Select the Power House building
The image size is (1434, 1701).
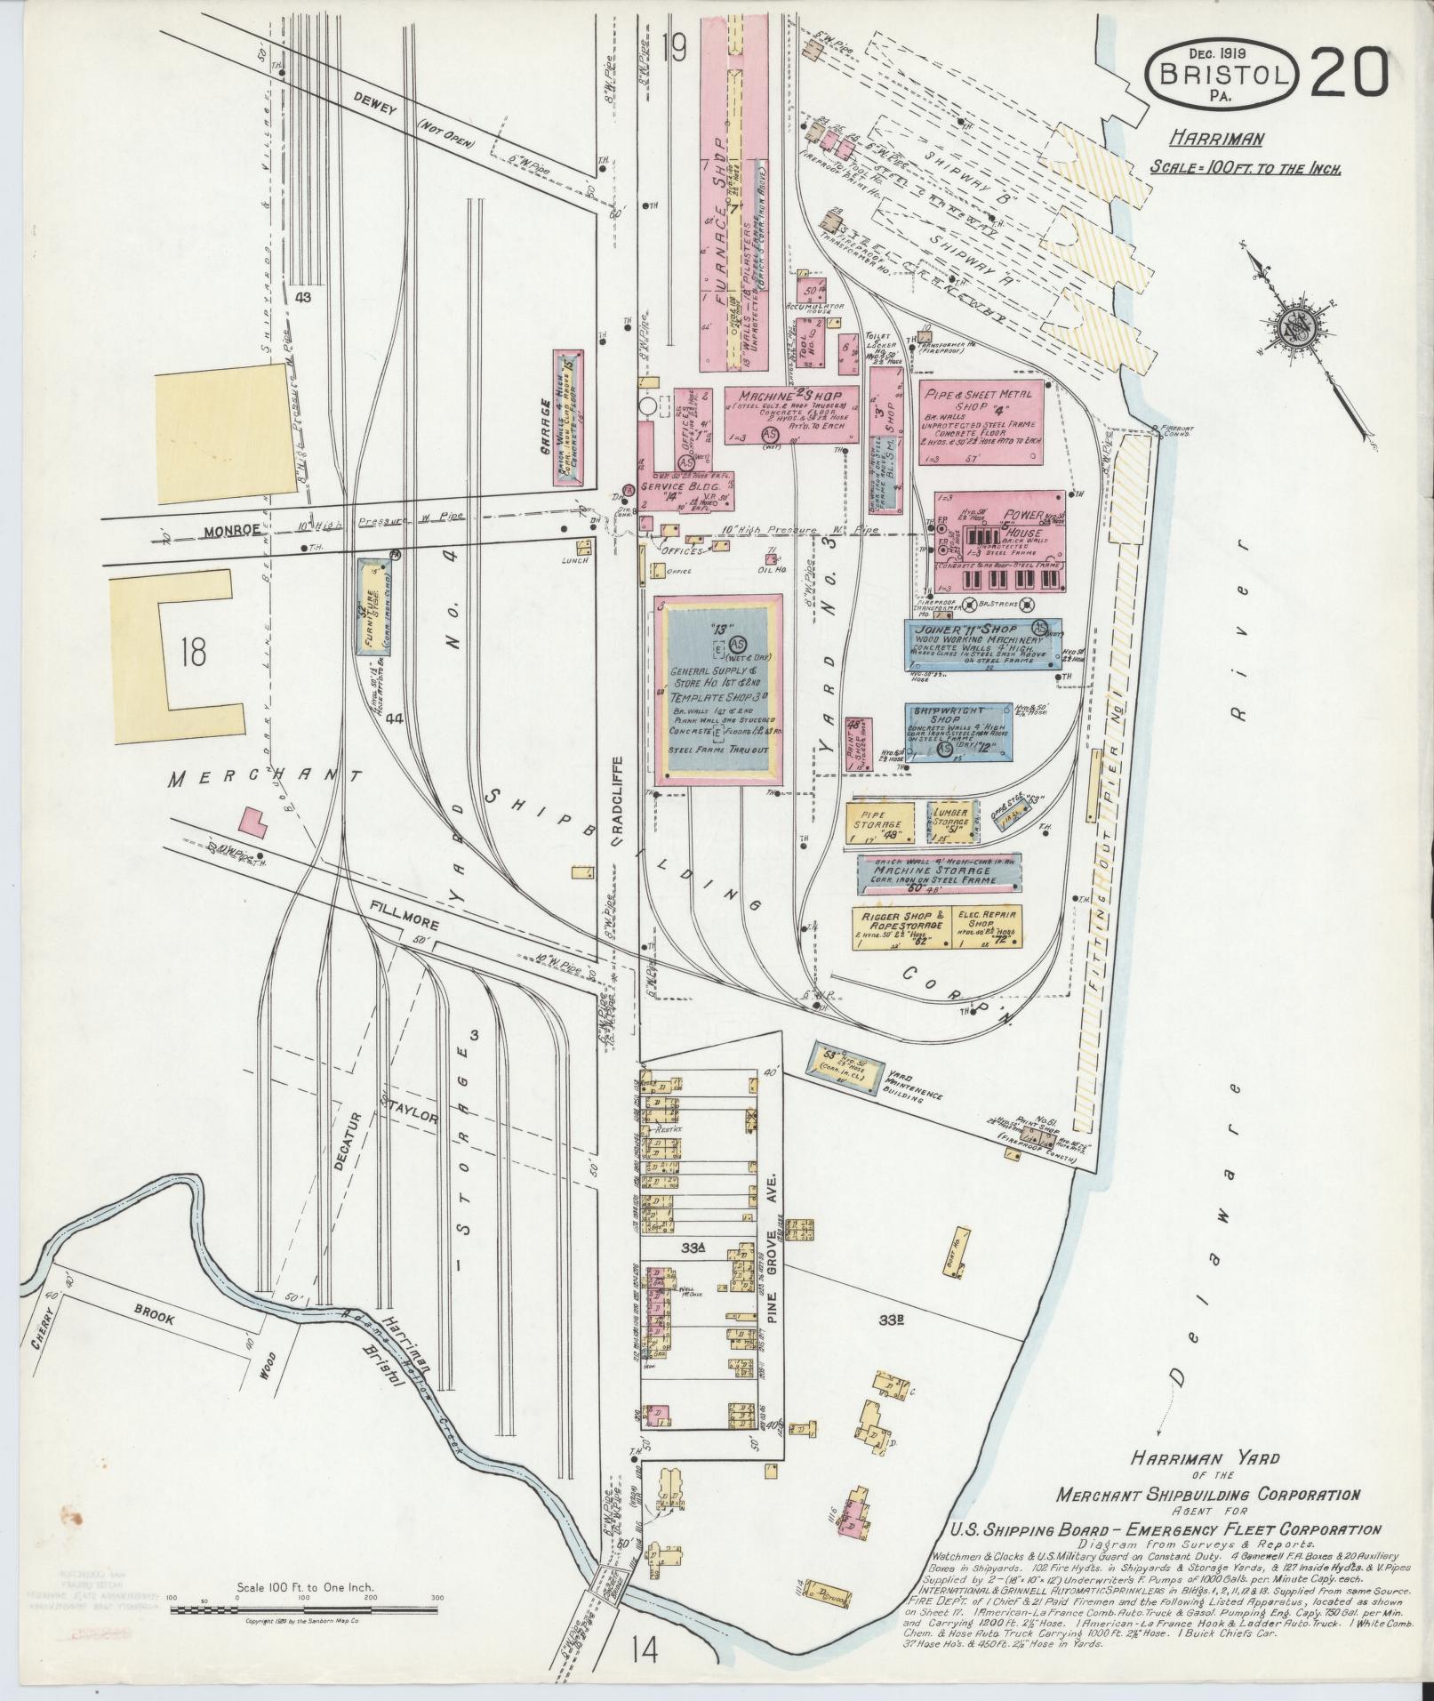click(999, 542)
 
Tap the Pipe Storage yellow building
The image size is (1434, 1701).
click(880, 822)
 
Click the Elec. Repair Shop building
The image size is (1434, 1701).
click(987, 927)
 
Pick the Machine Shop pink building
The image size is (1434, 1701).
click(791, 413)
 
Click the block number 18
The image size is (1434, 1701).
click(190, 651)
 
